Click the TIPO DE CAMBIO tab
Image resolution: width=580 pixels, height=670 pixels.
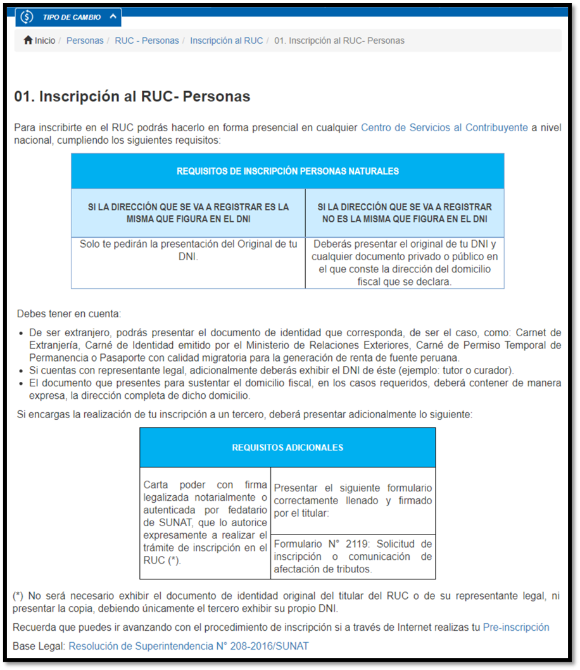[x=71, y=17]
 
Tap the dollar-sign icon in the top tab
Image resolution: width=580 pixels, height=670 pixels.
[x=27, y=17]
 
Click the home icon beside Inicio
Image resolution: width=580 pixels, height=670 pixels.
[x=28, y=41]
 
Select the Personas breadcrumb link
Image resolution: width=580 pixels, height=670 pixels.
[x=85, y=41]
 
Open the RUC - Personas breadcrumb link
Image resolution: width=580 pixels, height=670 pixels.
[x=147, y=41]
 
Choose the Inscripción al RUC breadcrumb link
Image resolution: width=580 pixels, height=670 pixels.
[x=227, y=41]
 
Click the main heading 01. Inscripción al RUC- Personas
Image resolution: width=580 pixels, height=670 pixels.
[x=132, y=97]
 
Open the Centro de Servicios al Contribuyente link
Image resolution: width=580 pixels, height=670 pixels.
[x=444, y=127]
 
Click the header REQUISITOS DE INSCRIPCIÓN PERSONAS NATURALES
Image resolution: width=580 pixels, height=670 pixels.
[x=287, y=171]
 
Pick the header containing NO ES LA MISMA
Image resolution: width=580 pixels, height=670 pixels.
[x=404, y=213]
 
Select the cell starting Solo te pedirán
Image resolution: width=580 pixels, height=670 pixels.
[x=188, y=250]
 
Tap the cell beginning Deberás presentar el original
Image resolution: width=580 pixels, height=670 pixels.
[x=404, y=263]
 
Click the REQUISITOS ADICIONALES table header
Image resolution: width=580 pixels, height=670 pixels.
[x=287, y=448]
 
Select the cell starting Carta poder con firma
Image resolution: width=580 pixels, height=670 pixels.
[x=205, y=523]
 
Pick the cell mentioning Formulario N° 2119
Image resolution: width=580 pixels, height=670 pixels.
[x=353, y=557]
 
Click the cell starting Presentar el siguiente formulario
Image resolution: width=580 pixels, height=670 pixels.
[x=353, y=500]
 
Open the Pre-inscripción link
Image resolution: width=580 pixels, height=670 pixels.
[x=516, y=628]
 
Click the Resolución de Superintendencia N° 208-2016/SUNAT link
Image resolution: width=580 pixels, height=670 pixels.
[x=189, y=646]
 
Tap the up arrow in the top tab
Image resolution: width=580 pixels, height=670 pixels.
[x=113, y=16]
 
